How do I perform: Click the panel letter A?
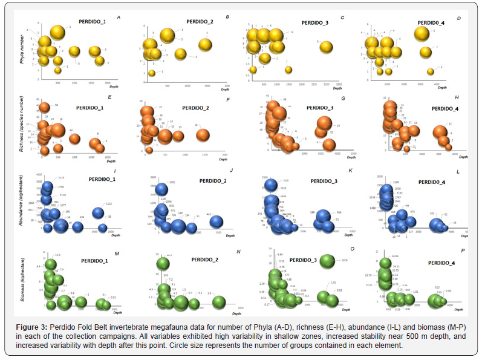(x=119, y=17)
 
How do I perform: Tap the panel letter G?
(x=343, y=98)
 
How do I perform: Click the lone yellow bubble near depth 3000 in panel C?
(x=326, y=47)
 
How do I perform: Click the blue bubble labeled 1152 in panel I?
(x=98, y=212)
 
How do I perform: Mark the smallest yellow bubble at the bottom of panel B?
(x=152, y=73)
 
